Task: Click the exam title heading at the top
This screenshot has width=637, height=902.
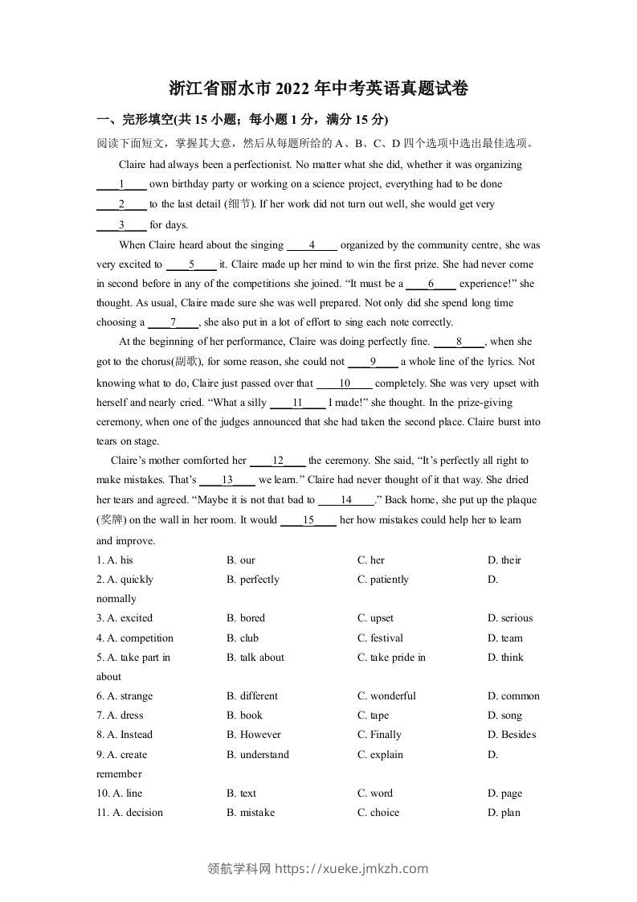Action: tap(319, 88)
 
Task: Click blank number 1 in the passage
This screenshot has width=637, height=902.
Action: tap(121, 184)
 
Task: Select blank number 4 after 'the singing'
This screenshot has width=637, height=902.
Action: tap(312, 245)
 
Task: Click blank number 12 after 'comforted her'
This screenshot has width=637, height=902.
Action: tap(278, 461)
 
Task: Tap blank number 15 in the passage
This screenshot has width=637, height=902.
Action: tap(308, 520)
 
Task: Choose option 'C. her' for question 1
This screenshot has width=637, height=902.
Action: tap(370, 560)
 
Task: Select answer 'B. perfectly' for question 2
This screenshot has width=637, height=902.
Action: tap(253, 579)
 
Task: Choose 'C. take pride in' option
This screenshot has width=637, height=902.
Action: tap(391, 658)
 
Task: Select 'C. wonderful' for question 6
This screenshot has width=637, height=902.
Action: tap(386, 696)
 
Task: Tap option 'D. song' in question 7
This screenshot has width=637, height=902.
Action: tap(504, 715)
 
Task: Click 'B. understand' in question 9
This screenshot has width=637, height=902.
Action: tap(258, 755)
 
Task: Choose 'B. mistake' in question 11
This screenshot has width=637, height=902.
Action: tap(251, 813)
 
